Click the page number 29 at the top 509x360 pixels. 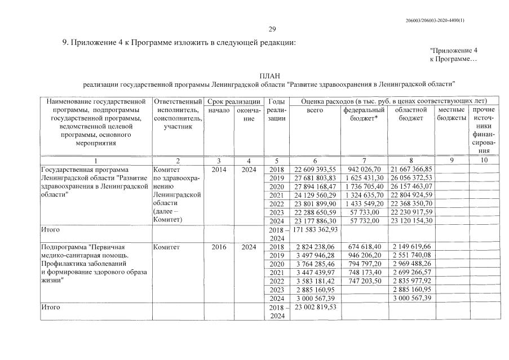pos(272,29)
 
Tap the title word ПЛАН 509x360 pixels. pos(269,75)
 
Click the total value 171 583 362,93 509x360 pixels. pos(315,230)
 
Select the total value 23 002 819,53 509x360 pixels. pos(315,307)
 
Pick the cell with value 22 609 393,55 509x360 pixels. pos(315,169)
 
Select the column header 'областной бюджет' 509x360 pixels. pos(411,114)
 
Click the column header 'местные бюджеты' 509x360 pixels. pos(452,114)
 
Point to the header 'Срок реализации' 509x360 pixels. pos(234,101)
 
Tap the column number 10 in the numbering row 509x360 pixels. pos(484,161)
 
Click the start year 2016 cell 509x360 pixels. pos(219,247)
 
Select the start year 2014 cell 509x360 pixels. pos(219,169)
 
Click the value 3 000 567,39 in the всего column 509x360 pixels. pos(315,298)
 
